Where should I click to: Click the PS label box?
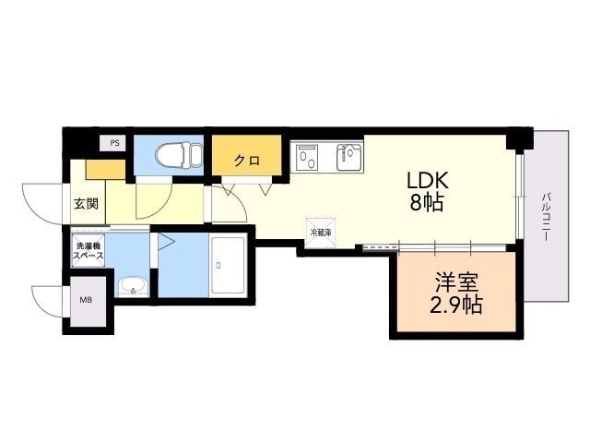114,143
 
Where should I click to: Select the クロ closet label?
245,161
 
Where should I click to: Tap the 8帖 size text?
428,203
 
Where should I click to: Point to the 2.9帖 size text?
452,304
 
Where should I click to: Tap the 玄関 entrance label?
86,204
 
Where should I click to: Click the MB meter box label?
86,300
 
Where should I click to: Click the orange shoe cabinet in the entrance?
103,170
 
